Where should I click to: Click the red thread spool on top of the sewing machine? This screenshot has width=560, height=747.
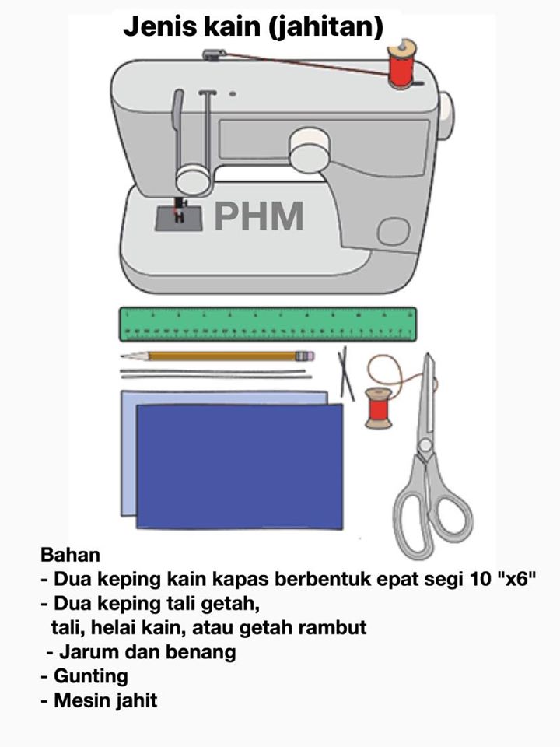[402, 65]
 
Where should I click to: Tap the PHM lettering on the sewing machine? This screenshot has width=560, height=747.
[259, 216]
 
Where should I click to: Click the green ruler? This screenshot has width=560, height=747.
[268, 324]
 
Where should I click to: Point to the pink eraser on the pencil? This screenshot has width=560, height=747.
[309, 356]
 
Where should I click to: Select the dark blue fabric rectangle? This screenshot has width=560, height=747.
[240, 466]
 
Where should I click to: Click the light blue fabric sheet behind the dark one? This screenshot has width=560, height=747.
[128, 453]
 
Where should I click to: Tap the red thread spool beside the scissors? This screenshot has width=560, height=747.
[379, 408]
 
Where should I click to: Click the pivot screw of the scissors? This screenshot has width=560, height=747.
[425, 446]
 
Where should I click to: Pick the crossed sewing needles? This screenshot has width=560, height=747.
[346, 374]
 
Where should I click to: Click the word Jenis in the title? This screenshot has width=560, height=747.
[159, 26]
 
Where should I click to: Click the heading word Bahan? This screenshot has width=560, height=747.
[71, 555]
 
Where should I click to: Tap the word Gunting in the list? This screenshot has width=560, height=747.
[91, 676]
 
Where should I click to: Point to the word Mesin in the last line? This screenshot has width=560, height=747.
[79, 700]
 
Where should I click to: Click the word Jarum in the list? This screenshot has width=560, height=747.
[82, 652]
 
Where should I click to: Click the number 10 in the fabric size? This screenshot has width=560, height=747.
[480, 579]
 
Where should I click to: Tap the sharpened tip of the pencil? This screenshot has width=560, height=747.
[122, 356]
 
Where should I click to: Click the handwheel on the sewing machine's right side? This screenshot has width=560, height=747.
[446, 116]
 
